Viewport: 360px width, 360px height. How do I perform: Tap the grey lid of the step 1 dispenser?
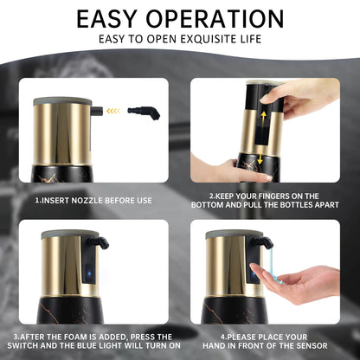point(63,100)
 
